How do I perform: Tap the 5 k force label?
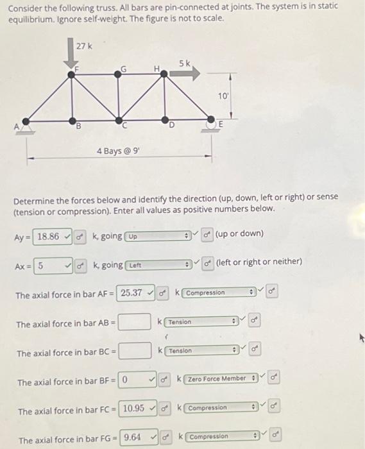coord(184,64)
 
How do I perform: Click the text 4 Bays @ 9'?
coord(119,150)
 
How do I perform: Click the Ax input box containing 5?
coord(50,264)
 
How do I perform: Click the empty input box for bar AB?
coord(135,322)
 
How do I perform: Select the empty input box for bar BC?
coord(135,351)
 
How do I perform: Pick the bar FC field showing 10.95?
coord(138,409)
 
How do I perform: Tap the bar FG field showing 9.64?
coord(137,438)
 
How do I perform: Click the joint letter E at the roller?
coord(221,124)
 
